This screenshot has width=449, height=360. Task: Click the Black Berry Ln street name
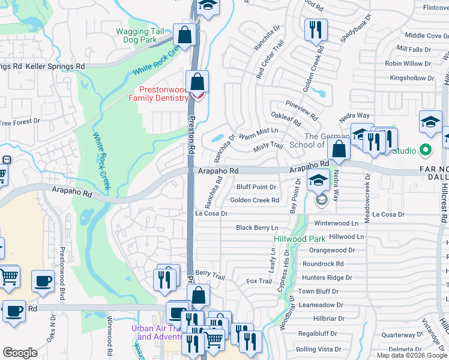point(257,228)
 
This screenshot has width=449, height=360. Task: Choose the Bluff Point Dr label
point(256,187)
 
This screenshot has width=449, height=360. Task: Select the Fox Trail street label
point(259,281)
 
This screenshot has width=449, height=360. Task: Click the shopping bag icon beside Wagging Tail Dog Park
point(185,34)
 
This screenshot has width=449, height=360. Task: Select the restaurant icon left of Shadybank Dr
point(315,29)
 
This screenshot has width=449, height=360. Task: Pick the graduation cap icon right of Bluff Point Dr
point(318,180)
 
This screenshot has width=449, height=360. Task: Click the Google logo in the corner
point(20,353)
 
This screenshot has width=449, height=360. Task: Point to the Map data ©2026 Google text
point(412,355)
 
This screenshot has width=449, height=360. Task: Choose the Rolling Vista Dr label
point(318,349)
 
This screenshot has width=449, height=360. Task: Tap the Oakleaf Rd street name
point(286,121)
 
